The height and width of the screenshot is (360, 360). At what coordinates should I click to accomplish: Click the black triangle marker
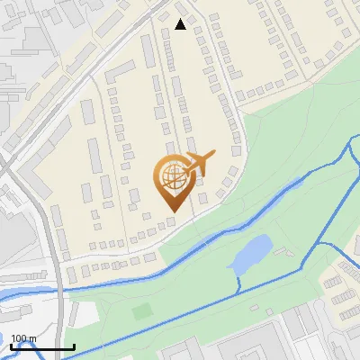[x=181, y=24]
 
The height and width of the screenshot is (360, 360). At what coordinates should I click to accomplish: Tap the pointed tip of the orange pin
[x=171, y=211]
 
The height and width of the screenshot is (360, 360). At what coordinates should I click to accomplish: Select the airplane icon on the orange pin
[x=199, y=164]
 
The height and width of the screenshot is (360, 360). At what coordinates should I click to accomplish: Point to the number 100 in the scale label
[x=20, y=338]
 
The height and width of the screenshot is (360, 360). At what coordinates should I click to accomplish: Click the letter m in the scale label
[x=33, y=338]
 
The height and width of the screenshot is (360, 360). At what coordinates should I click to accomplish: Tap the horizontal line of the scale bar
[x=42, y=347]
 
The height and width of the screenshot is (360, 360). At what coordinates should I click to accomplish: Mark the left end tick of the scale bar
[x=11, y=346]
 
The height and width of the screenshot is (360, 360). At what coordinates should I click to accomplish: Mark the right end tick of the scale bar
[x=74, y=346]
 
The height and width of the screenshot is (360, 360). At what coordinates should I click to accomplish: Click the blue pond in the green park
[x=251, y=253]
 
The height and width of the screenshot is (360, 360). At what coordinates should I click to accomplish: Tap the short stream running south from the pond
[x=238, y=281]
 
